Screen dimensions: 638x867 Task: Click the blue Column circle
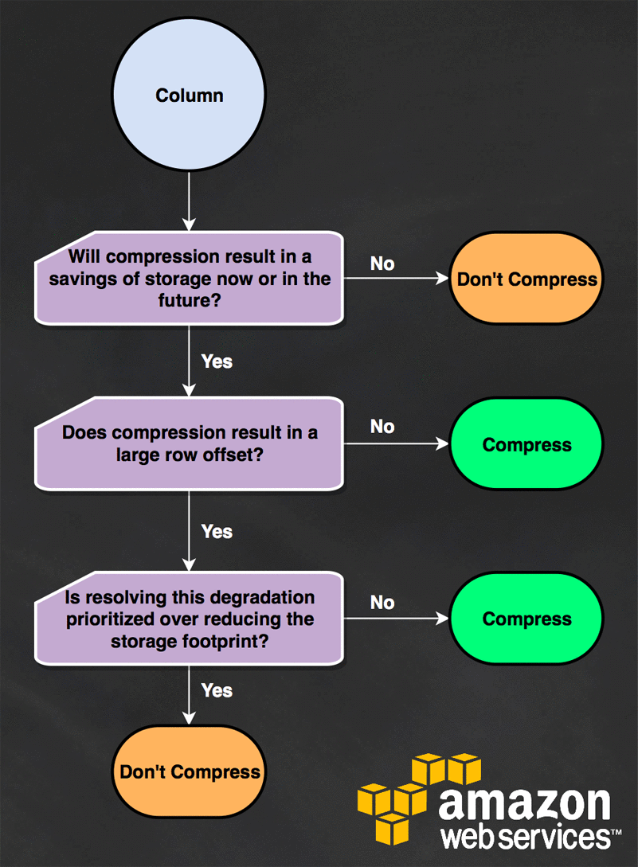click(190, 95)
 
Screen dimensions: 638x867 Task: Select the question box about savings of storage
click(190, 278)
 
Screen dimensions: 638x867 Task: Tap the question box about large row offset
click(190, 443)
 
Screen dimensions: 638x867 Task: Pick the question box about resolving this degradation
click(190, 618)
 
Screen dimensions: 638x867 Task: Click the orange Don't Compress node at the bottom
click(190, 771)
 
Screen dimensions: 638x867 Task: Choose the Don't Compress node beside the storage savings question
click(526, 278)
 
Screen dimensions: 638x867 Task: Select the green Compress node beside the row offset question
click(526, 444)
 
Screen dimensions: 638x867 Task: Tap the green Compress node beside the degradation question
click(526, 618)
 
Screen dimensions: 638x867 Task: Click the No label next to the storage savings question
click(382, 264)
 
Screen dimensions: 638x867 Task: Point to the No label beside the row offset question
click(382, 426)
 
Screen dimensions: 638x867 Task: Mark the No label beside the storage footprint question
click(382, 602)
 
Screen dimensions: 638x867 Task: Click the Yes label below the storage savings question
click(217, 361)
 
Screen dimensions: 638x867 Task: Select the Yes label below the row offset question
click(217, 531)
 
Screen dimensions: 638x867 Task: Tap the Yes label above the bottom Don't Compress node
click(217, 690)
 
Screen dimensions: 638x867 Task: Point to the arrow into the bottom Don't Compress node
click(190, 695)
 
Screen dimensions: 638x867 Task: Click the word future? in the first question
click(190, 300)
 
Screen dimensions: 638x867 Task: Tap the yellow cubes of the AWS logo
click(419, 798)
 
